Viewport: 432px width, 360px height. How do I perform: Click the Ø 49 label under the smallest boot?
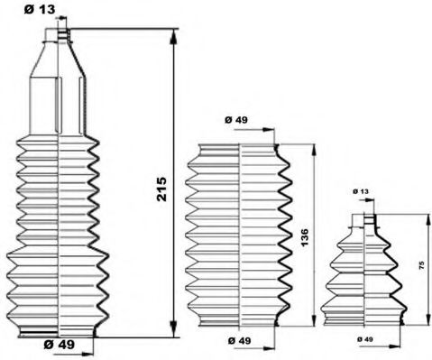tap(365, 337)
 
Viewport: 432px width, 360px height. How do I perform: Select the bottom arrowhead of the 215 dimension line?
tap(170, 329)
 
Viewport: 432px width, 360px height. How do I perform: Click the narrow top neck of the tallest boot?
tap(60, 35)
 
